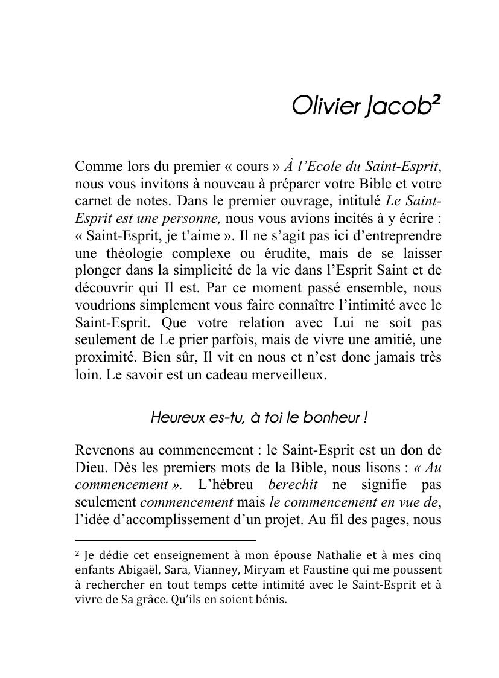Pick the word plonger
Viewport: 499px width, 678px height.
pos(95,270)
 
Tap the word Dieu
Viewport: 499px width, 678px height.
pos(89,468)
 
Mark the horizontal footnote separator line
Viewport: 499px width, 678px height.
pos(165,540)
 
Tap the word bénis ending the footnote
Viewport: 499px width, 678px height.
pos(271,600)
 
